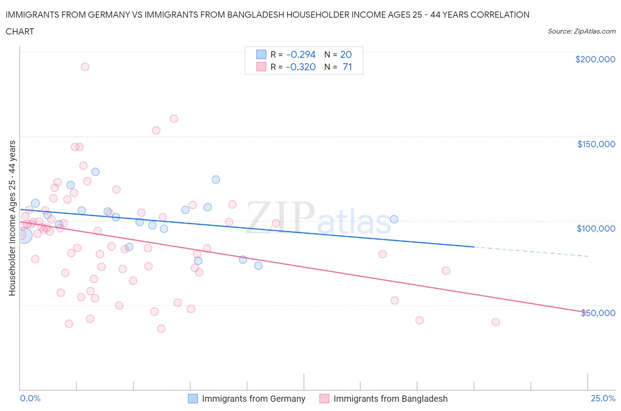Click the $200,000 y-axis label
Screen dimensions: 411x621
(595, 60)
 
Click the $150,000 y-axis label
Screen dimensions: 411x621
(596, 144)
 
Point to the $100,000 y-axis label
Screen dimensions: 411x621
(596, 228)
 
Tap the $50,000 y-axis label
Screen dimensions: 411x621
(598, 313)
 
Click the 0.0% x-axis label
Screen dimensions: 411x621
(30, 398)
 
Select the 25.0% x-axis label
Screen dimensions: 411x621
(603, 398)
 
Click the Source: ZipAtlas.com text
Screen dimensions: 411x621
(581, 31)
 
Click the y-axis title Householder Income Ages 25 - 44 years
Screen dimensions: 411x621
(12, 218)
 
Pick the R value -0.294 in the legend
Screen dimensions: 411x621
(301, 55)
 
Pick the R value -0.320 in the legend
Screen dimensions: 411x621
(301, 67)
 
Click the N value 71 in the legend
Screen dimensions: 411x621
(347, 67)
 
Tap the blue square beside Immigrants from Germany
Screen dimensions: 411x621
(193, 399)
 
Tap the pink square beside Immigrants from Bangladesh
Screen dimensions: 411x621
(324, 399)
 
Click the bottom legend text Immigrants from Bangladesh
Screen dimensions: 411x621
(390, 399)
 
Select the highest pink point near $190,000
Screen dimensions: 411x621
(85, 67)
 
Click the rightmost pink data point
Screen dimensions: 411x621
(496, 322)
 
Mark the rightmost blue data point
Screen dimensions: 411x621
(394, 219)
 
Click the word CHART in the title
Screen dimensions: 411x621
(20, 31)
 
